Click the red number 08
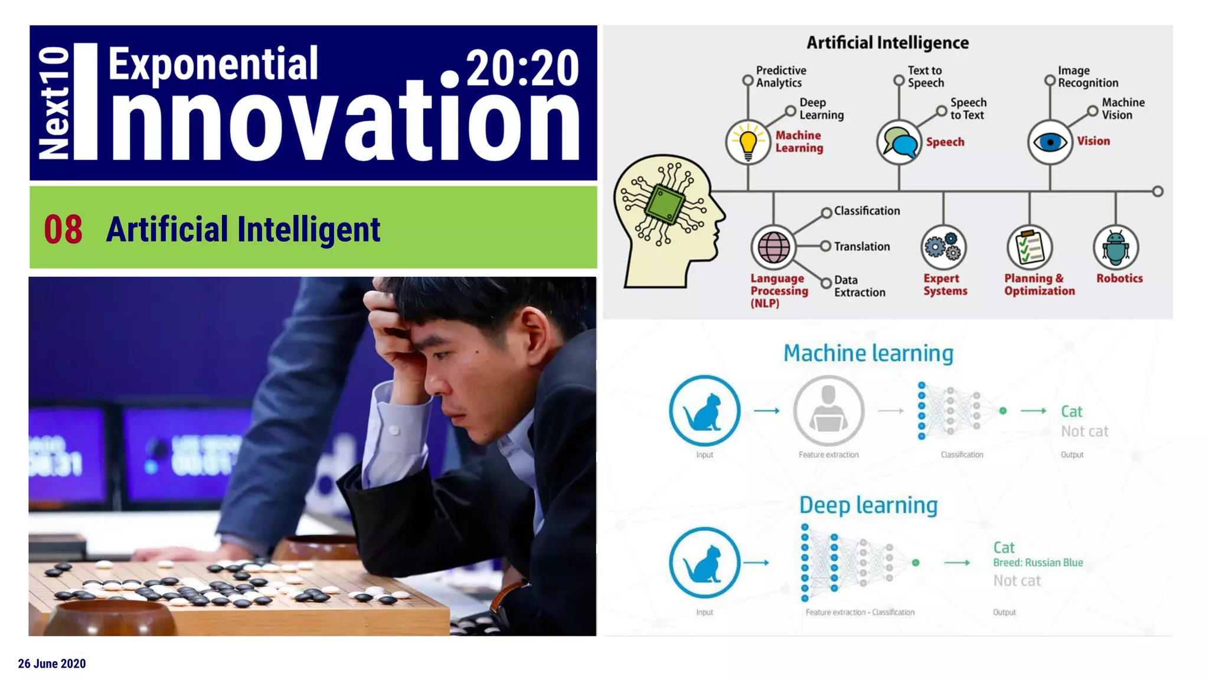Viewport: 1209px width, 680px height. coord(63,229)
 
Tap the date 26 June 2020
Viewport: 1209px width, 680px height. coord(52,663)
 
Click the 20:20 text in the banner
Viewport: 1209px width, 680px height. coord(522,68)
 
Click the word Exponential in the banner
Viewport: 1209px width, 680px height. coord(213,64)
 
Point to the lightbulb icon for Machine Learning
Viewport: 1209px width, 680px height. coord(748,142)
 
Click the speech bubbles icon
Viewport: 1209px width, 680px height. coord(899,142)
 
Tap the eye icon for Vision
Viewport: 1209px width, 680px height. coord(1050,142)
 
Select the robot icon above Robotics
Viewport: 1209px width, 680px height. coord(1115,247)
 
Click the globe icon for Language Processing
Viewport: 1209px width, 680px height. coord(773,247)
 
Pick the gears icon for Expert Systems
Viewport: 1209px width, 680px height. coord(943,247)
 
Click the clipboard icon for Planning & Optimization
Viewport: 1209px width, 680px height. coord(1029,247)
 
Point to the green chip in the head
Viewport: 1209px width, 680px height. coord(665,204)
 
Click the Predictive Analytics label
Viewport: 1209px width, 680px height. coord(780,77)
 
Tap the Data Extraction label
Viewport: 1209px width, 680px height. coord(859,286)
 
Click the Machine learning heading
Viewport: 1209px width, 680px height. coord(868,353)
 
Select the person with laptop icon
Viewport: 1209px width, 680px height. coord(828,410)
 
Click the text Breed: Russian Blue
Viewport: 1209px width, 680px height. coord(1038,563)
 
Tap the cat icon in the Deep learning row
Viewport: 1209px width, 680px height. coord(704,563)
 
